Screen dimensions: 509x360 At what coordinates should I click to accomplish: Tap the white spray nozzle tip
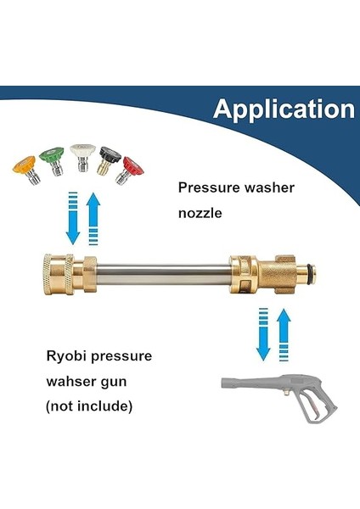pyautogui.click(x=82, y=156)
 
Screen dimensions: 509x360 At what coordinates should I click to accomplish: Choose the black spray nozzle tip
pyautogui.click(x=109, y=158)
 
